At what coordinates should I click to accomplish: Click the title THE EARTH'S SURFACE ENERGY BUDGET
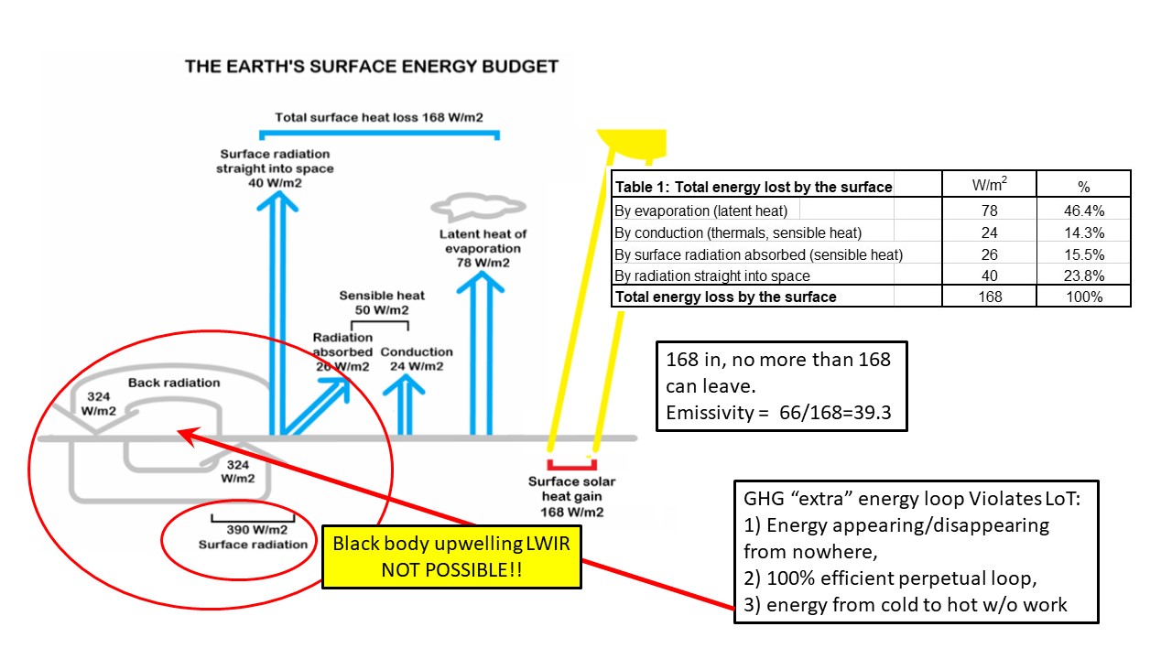tap(371, 67)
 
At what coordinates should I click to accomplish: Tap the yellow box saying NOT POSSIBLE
tap(450, 556)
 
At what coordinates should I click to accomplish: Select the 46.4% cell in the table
tap(1084, 211)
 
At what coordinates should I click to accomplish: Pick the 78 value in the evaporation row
tap(989, 211)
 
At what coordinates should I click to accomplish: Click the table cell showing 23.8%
tap(1084, 275)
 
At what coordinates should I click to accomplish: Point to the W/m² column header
tap(989, 184)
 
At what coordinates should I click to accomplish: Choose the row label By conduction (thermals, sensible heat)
tap(739, 232)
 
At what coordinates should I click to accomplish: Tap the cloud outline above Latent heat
tap(470, 207)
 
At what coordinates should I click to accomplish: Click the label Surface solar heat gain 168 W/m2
tap(572, 496)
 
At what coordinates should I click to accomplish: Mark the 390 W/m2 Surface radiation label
tap(253, 536)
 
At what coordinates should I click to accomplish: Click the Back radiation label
tap(174, 383)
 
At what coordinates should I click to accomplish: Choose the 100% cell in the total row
tap(1084, 297)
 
